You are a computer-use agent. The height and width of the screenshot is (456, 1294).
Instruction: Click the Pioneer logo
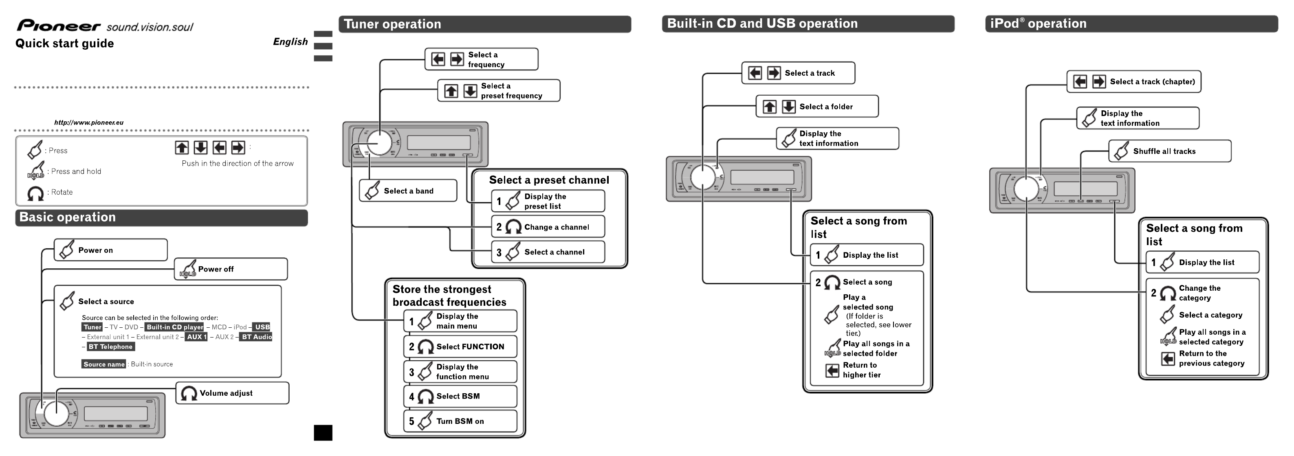coord(59,26)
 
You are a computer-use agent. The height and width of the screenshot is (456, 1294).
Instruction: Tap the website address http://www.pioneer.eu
coord(89,123)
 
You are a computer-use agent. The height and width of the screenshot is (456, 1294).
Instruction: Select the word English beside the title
coord(290,42)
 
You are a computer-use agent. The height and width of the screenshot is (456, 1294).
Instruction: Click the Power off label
coord(216,269)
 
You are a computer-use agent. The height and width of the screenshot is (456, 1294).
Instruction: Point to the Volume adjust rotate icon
coord(189,393)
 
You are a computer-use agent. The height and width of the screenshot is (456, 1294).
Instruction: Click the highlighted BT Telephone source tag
coord(110,346)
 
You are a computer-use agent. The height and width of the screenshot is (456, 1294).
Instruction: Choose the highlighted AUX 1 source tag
coord(196,337)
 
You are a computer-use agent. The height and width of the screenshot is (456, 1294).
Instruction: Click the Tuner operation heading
coord(392,24)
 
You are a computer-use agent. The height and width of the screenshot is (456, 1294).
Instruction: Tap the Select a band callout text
coord(408,191)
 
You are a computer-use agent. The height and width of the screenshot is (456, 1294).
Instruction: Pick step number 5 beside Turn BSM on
coord(412,421)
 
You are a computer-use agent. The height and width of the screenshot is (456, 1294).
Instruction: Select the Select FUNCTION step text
coord(470,346)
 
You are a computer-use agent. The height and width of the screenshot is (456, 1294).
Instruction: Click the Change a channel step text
coord(557,227)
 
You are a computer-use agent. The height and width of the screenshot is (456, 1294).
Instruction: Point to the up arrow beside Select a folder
coord(770,106)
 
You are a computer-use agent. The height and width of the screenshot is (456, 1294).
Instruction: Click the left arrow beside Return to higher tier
coord(832,370)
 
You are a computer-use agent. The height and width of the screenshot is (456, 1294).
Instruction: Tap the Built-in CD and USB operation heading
coord(762,24)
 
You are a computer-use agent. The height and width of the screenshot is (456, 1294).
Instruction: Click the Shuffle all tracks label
coord(1164,151)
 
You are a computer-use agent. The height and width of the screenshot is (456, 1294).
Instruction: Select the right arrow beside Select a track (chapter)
coord(1099,81)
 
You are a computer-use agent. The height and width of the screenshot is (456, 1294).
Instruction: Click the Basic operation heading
coord(67,217)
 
